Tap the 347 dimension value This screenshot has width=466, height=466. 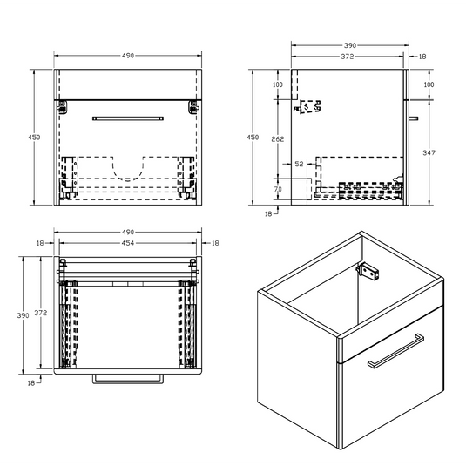tap(428, 152)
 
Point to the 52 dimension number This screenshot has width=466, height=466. tap(299, 163)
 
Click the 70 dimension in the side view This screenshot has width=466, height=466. tap(277, 188)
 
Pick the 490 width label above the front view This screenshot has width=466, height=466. tap(128, 56)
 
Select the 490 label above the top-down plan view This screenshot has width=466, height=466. tap(128, 233)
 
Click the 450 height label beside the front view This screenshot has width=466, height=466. tap(36, 137)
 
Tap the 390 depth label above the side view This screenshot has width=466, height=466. tap(348, 44)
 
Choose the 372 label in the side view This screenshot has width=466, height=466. tap(348, 56)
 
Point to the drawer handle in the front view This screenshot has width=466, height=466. tap(128, 116)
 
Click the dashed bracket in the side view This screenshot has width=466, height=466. tap(308, 106)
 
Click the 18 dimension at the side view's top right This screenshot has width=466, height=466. tap(422, 56)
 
